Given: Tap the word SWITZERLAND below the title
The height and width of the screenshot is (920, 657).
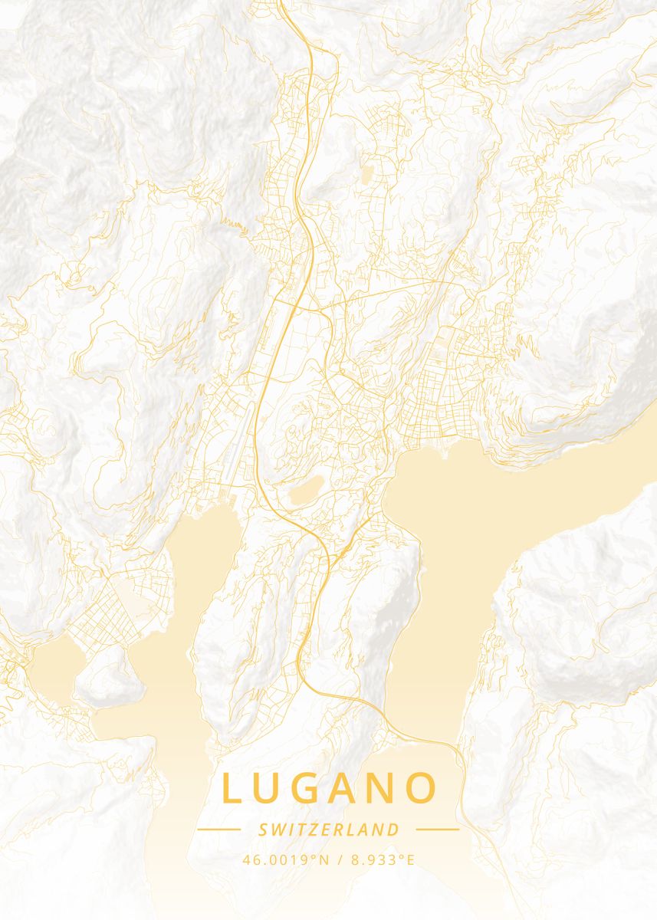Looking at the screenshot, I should pyautogui.click(x=329, y=830).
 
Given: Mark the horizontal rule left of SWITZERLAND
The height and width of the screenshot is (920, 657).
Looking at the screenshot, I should pyautogui.click(x=219, y=829).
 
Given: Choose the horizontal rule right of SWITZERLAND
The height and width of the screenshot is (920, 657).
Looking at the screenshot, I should pyautogui.click(x=437, y=829).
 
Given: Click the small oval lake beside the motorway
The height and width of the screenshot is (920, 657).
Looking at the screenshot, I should pyautogui.click(x=306, y=491).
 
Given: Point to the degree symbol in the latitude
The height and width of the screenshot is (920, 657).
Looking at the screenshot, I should pyautogui.click(x=312, y=856).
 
